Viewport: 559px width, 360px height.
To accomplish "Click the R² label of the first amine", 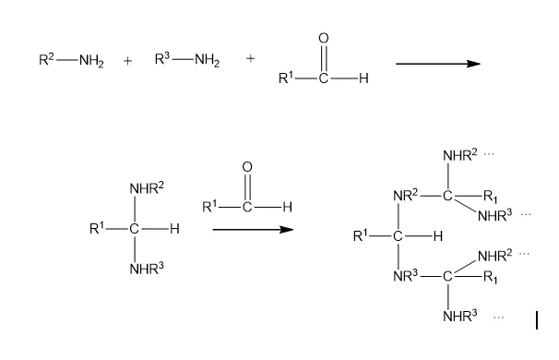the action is tap(46, 59).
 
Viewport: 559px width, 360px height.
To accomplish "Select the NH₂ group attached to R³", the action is tap(208, 60).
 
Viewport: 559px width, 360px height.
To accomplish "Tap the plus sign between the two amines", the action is tap(127, 61).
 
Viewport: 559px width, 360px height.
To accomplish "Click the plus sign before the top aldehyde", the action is tap(251, 58).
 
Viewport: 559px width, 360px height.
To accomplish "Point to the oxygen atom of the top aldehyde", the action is tap(324, 38).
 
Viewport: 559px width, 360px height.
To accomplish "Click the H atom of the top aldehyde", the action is tap(363, 78).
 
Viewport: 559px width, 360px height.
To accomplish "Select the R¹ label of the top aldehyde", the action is tap(286, 78).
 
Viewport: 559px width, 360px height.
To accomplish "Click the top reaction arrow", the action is tap(438, 64).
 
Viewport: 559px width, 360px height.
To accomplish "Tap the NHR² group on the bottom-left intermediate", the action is tap(147, 188).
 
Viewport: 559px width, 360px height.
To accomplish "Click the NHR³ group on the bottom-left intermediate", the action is tap(147, 269).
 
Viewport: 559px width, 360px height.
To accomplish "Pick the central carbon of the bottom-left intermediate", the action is tap(134, 229).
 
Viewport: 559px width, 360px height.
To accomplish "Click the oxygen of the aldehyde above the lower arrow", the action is tap(247, 167).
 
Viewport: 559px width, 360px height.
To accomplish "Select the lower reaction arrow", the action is tap(253, 230).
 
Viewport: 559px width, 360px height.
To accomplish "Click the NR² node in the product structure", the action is tap(405, 196).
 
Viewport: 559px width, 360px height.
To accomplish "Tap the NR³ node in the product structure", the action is tap(405, 276).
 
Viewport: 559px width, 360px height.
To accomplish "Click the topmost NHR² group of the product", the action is tap(460, 155).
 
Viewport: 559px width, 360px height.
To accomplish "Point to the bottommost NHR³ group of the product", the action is tap(460, 316).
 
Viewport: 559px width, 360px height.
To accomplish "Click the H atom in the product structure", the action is tap(438, 236).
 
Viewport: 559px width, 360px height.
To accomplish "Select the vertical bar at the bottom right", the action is tap(537, 320).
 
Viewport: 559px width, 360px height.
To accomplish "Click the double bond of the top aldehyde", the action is tap(324, 58).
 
